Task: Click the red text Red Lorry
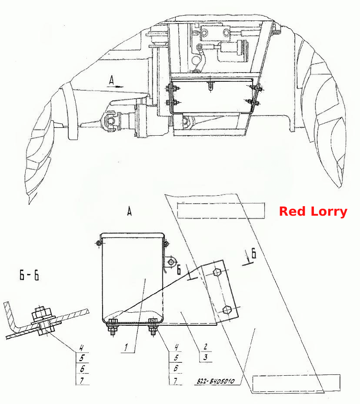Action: (x=313, y=211)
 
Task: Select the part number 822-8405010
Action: (x=216, y=381)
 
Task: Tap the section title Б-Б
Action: (x=29, y=275)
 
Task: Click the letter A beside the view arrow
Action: (x=111, y=80)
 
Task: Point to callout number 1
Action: (x=126, y=347)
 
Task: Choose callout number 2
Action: (x=205, y=347)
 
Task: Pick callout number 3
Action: (x=205, y=357)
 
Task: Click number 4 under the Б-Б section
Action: (x=81, y=348)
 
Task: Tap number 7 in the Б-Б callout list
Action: (x=81, y=380)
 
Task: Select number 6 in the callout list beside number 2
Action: (x=176, y=368)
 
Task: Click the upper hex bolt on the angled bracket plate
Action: (x=217, y=272)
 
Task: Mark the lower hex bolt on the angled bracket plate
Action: (x=227, y=310)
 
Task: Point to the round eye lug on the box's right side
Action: (x=171, y=262)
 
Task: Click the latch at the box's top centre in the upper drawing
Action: (x=210, y=85)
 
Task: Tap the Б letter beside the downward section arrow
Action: (x=254, y=253)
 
